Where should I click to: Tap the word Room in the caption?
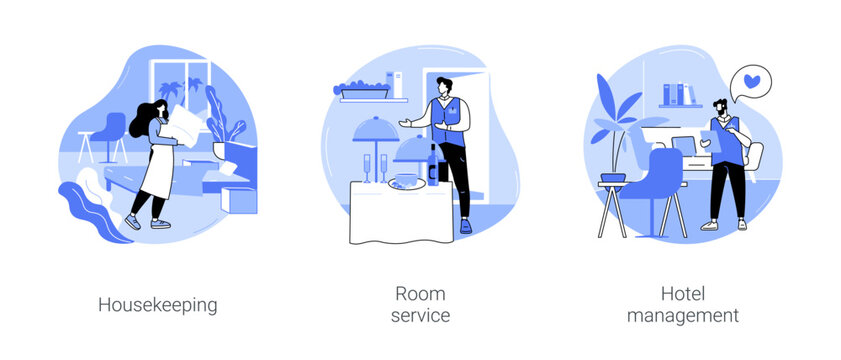(421, 294)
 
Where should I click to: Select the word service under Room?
(421, 316)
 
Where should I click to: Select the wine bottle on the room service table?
(432, 164)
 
